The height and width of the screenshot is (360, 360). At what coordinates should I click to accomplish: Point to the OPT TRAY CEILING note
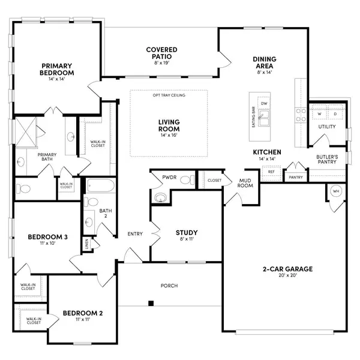click(x=169, y=95)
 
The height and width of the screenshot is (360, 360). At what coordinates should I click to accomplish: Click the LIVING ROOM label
click(x=169, y=125)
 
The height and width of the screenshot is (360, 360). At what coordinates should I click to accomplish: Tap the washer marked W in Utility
click(x=319, y=113)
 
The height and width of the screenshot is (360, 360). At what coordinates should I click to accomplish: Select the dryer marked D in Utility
click(x=335, y=113)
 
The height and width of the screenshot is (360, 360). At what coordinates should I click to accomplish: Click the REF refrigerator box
click(x=271, y=172)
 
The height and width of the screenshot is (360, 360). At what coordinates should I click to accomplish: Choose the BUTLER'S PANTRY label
click(x=328, y=159)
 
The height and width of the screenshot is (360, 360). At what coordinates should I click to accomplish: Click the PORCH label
click(x=169, y=286)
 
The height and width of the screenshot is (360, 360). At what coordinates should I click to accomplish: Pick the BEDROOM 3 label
click(x=47, y=237)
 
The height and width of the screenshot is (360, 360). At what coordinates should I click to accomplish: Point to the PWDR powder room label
click(x=167, y=178)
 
